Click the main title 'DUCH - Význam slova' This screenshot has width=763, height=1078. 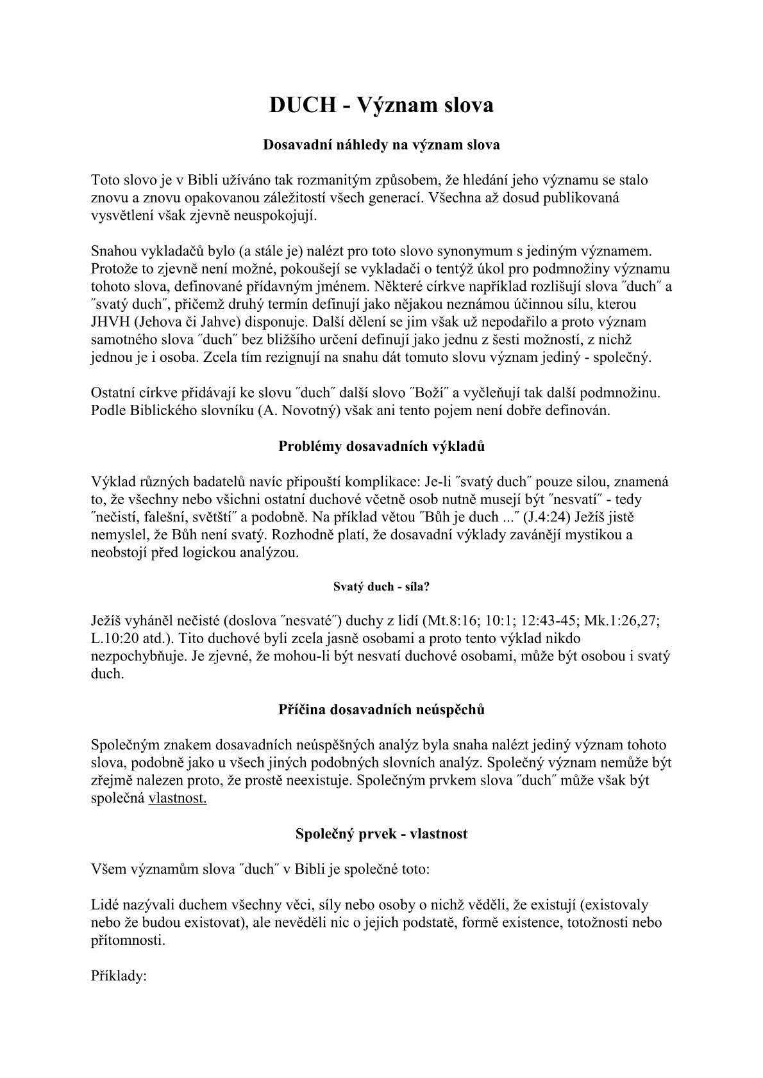(382, 105)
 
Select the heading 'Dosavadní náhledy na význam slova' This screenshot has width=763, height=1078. (382, 145)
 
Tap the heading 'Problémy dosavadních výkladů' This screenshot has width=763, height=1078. (382, 446)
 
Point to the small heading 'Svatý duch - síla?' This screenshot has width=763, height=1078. (382, 585)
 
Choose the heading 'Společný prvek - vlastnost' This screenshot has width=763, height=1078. (382, 834)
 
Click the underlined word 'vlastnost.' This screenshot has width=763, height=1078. (178, 799)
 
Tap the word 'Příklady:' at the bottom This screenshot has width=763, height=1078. (120, 976)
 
